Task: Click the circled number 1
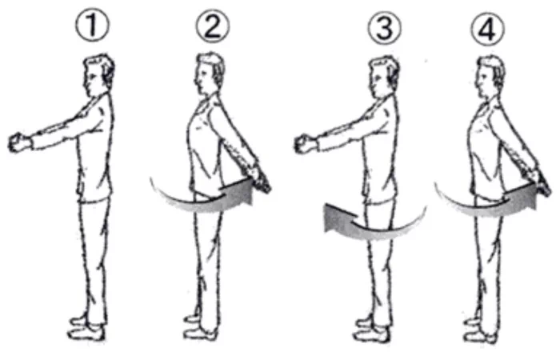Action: [x=92, y=26]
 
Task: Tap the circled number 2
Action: [x=213, y=26]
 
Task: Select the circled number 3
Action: [x=385, y=28]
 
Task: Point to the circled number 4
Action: [x=487, y=28]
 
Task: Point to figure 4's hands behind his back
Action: [x=540, y=183]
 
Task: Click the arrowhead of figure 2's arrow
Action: [x=238, y=193]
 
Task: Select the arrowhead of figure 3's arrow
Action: [x=338, y=218]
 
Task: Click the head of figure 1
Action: [x=98, y=74]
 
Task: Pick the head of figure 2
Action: [x=210, y=74]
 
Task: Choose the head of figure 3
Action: [x=384, y=76]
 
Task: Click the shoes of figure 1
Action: [x=86, y=329]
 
